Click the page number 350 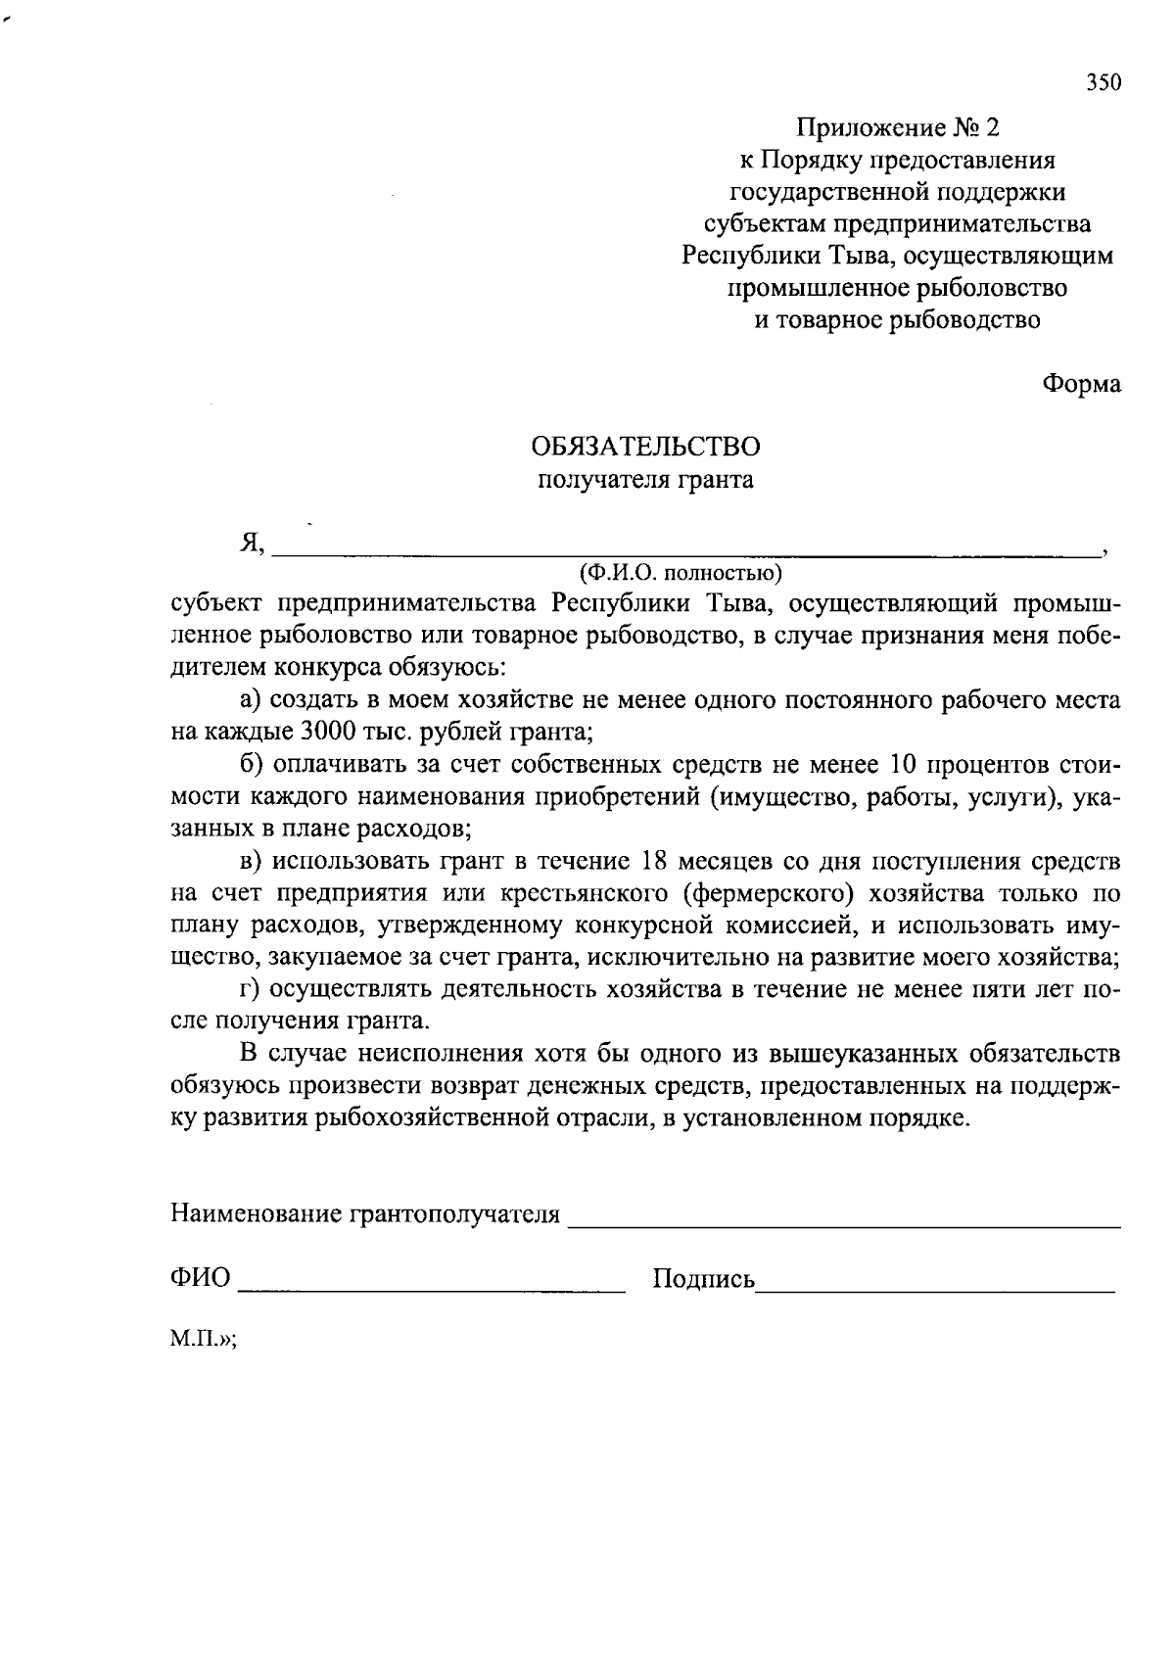click(x=1103, y=83)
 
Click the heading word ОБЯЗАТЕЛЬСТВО click(x=645, y=447)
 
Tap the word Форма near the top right click(x=1081, y=384)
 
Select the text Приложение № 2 click(x=898, y=128)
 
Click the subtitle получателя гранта click(x=645, y=480)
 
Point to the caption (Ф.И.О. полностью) click(x=681, y=571)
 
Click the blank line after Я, click(x=685, y=552)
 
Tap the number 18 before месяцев click(x=657, y=861)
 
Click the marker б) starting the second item click(x=254, y=764)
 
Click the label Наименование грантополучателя click(x=365, y=1215)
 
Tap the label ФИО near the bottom click(x=201, y=1278)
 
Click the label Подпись click(x=703, y=1279)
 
